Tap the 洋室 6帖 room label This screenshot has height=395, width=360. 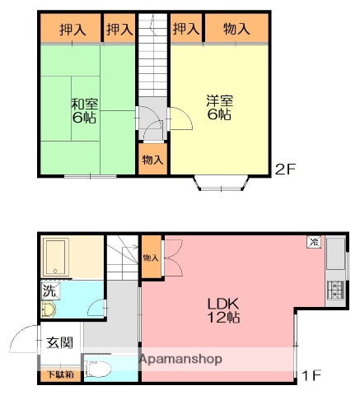click(x=219, y=108)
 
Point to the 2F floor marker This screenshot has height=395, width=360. click(x=285, y=170)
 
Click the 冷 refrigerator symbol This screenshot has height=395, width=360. click(x=314, y=242)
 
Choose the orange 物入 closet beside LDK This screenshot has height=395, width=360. click(x=151, y=258)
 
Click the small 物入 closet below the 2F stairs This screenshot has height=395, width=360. click(x=152, y=159)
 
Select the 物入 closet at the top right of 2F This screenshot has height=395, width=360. click(x=237, y=29)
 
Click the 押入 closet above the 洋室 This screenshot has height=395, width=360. click(x=186, y=29)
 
